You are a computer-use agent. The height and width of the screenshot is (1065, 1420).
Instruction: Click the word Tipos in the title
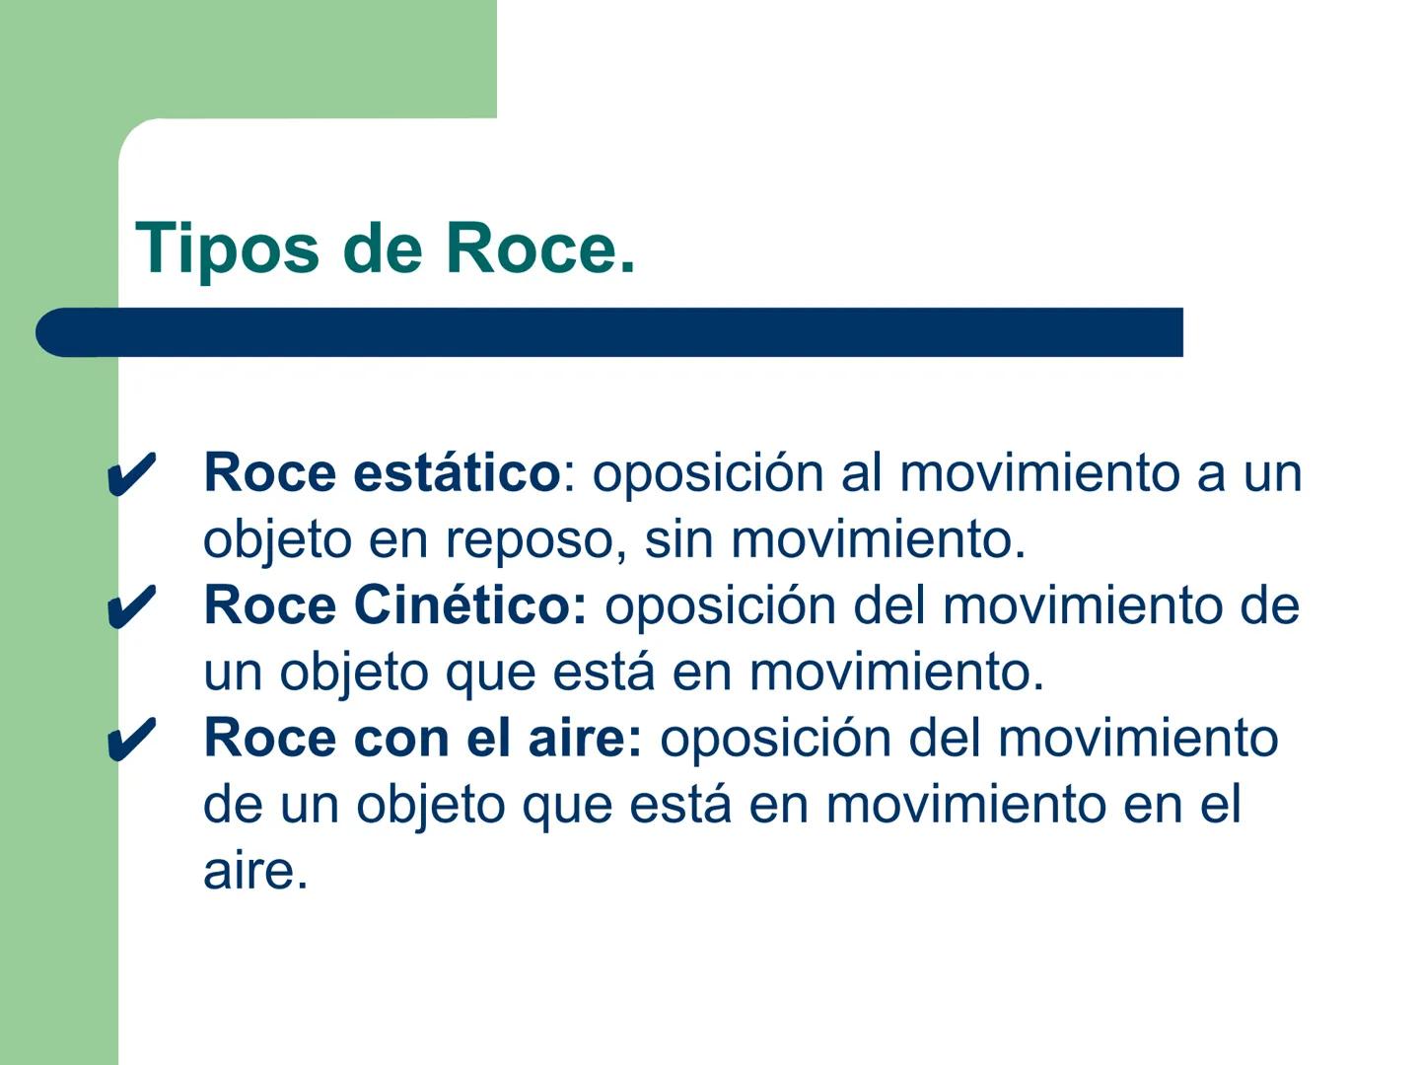(x=227, y=248)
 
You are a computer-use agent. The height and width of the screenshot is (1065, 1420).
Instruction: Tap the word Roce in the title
(x=538, y=248)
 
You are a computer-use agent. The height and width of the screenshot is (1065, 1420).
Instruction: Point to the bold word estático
(x=456, y=472)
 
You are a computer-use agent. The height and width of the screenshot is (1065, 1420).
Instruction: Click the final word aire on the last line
(x=254, y=871)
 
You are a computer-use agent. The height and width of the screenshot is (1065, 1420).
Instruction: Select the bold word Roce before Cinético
(x=269, y=604)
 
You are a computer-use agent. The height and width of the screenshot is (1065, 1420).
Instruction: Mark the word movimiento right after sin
(x=872, y=539)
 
